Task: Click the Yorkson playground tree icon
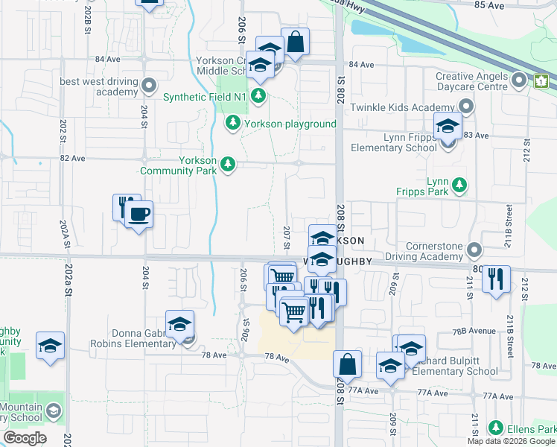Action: [233, 122]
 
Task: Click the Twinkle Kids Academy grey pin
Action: [466, 107]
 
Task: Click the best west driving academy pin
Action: [150, 85]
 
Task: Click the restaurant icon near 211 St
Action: [495, 279]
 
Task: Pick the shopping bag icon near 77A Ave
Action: [347, 364]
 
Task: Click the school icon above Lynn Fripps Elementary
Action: [448, 126]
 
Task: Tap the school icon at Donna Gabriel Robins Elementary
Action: [179, 324]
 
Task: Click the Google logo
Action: [25, 438]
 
